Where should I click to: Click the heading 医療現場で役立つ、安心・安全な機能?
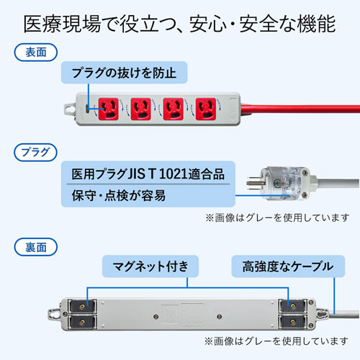click(180, 24)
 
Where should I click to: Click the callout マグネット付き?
click(149, 267)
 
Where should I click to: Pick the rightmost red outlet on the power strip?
click(207, 108)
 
